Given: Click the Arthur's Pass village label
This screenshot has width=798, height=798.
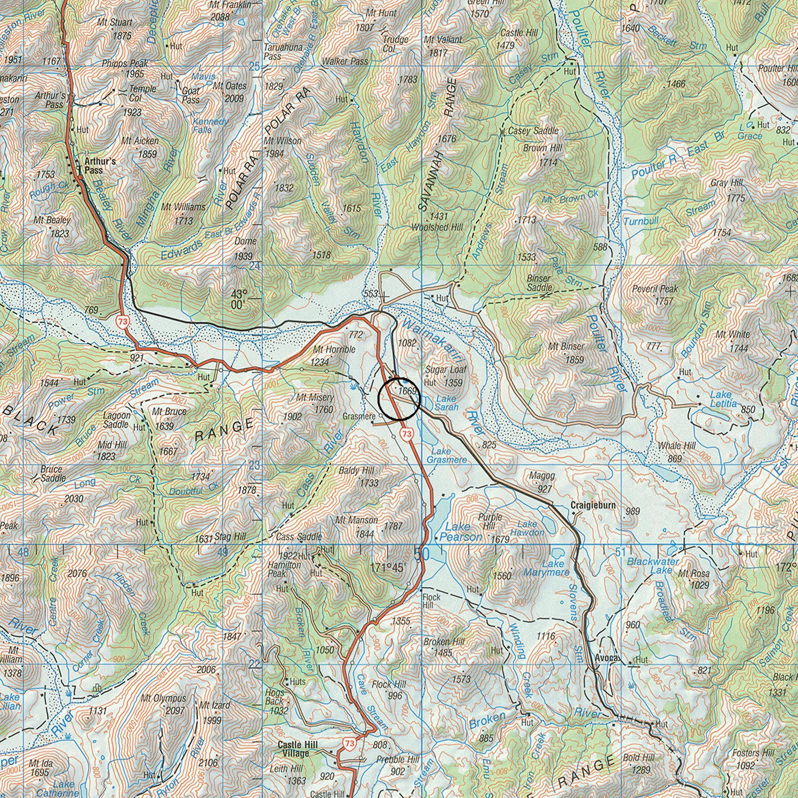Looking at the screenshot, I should coord(100,166).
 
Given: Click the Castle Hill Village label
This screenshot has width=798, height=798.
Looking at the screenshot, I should coord(298,749).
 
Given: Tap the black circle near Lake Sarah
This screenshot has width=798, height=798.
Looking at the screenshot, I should coord(399,399).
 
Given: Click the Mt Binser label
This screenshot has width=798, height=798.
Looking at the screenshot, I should coord(566,347).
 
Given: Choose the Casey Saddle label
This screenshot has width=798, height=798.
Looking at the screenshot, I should coord(533,131).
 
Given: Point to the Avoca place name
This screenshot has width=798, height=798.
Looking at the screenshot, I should coord(607,658).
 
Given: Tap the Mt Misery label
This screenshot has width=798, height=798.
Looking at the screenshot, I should coord(315,398).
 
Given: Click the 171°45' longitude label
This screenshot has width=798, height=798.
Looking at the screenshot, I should coord(388,567).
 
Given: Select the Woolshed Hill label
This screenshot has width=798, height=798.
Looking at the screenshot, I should coord(437,227).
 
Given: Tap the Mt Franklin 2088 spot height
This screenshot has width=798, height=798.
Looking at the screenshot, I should coord(220,17).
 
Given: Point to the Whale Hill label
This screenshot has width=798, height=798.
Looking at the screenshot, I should coord(677,446).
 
